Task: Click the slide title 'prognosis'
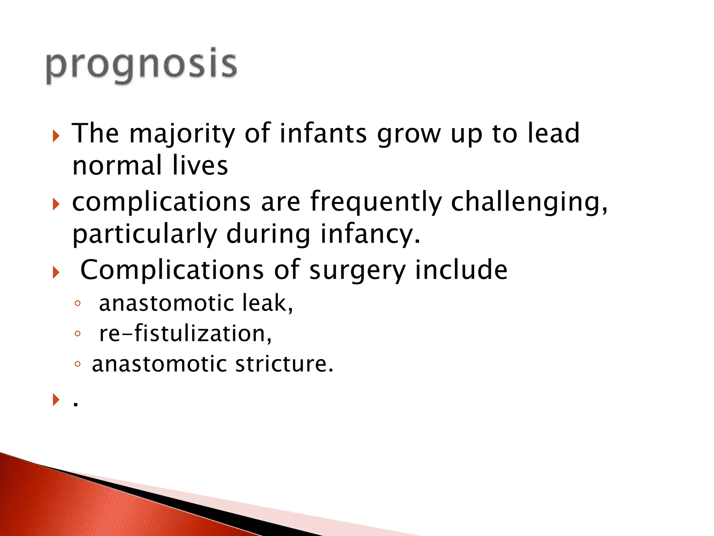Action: click(141, 66)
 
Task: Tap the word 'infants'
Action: click(323, 133)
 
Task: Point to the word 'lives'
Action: click(200, 166)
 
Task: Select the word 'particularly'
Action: click(144, 234)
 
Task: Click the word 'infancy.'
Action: click(370, 234)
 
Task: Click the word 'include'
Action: click(461, 270)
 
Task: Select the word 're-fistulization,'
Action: click(185, 333)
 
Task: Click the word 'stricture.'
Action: click(284, 364)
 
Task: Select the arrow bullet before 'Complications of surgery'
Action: click(56, 272)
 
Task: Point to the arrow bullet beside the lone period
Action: click(56, 399)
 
